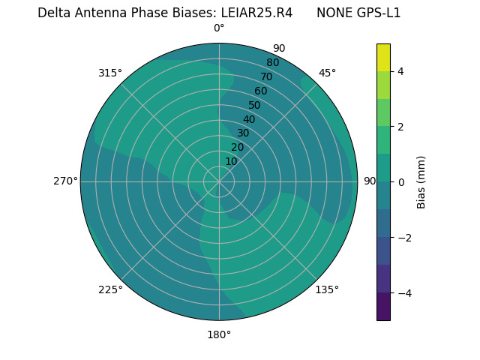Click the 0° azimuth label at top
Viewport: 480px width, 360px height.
point(219,28)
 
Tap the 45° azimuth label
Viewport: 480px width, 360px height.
point(327,73)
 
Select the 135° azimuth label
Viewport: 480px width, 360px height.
point(327,289)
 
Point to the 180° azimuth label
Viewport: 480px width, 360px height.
point(219,334)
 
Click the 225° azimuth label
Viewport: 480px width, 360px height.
point(110,289)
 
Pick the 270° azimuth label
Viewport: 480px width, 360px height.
point(65,181)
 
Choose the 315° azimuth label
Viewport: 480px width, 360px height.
point(110,73)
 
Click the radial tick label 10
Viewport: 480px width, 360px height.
point(231,161)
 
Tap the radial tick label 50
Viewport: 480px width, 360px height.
point(255,106)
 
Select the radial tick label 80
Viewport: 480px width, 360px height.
point(273,63)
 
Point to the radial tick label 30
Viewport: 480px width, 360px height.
point(243,133)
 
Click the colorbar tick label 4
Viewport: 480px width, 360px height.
point(401,71)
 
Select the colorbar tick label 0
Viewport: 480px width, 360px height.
point(401,182)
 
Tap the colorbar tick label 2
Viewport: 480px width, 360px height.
point(401,127)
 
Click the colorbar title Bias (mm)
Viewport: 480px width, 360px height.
point(421,182)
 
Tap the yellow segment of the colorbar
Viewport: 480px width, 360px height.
point(383,57)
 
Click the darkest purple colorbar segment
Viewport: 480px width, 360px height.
point(383,307)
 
